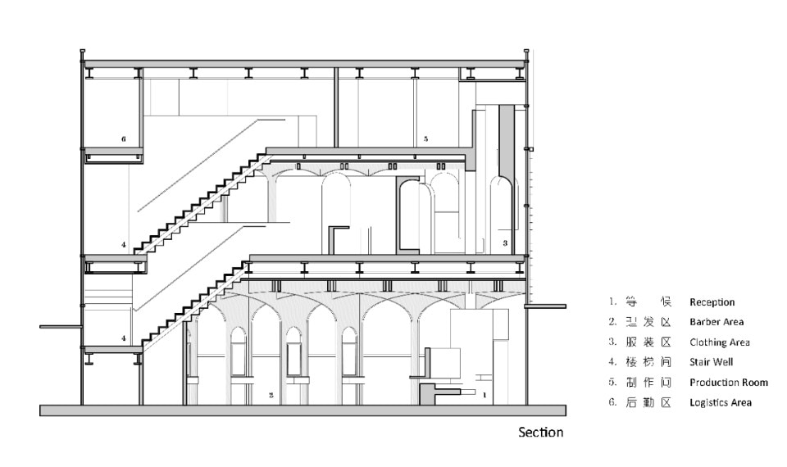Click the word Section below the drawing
540,432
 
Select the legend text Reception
712,302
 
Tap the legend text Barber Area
716,322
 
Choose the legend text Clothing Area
720,342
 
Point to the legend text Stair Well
712,362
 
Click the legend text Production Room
729,383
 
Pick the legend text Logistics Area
721,402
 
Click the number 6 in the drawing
124,139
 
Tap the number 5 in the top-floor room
426,140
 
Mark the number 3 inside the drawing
505,243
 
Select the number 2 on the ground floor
270,395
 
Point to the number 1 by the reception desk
484,395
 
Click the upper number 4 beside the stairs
124,244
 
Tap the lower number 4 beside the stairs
124,338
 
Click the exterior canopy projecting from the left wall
61,327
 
